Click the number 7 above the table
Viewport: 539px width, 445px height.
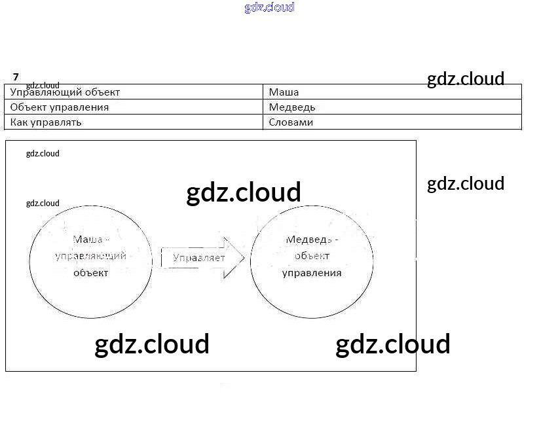tap(16, 77)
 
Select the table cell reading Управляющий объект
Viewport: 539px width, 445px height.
tap(65, 92)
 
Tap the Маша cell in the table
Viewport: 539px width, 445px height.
tap(284, 92)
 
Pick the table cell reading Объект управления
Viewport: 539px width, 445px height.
tap(60, 107)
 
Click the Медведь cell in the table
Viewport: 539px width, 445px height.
tap(292, 107)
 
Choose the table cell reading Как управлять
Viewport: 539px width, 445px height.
tap(46, 122)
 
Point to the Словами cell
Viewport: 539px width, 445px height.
tap(291, 122)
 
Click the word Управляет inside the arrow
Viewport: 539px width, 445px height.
tap(198, 258)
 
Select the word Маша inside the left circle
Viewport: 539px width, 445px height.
tap(86, 240)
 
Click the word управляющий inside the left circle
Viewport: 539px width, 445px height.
tap(91, 256)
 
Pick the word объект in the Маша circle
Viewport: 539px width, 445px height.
tap(90, 272)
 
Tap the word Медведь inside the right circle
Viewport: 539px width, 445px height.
tap(312, 240)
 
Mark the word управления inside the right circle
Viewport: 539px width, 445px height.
tap(312, 272)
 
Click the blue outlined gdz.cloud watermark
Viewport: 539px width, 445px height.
tap(269, 7)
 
